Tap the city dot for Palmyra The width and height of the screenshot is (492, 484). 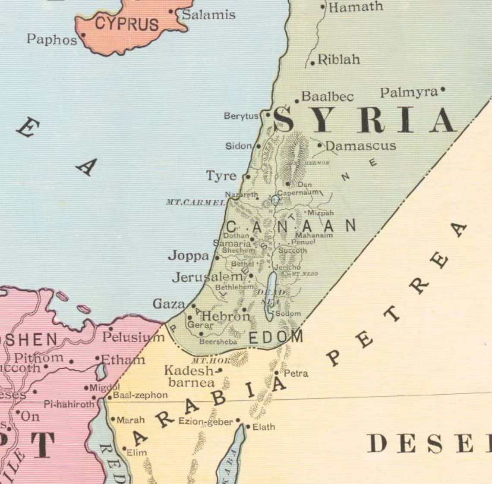[x=443, y=91]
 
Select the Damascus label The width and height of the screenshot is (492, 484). [x=360, y=146]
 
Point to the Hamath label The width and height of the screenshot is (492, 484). [x=356, y=7]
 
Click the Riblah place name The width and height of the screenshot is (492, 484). [x=339, y=60]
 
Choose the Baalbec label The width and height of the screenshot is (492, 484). [x=328, y=96]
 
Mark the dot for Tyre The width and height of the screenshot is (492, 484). [x=248, y=176]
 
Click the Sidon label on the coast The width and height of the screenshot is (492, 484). [x=238, y=146]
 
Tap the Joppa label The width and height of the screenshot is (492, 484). [x=188, y=256]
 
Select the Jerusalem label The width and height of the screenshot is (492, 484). [x=208, y=277]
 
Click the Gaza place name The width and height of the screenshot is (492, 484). [x=169, y=304]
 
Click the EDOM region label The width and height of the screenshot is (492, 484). [x=276, y=337]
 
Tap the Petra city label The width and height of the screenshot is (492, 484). [x=296, y=373]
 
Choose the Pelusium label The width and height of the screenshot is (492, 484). [x=133, y=337]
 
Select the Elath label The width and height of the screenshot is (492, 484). [x=263, y=427]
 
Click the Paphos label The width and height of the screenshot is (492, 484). [x=52, y=39]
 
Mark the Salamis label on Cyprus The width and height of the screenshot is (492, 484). [x=208, y=15]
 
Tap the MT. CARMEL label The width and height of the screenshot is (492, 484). [x=196, y=202]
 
